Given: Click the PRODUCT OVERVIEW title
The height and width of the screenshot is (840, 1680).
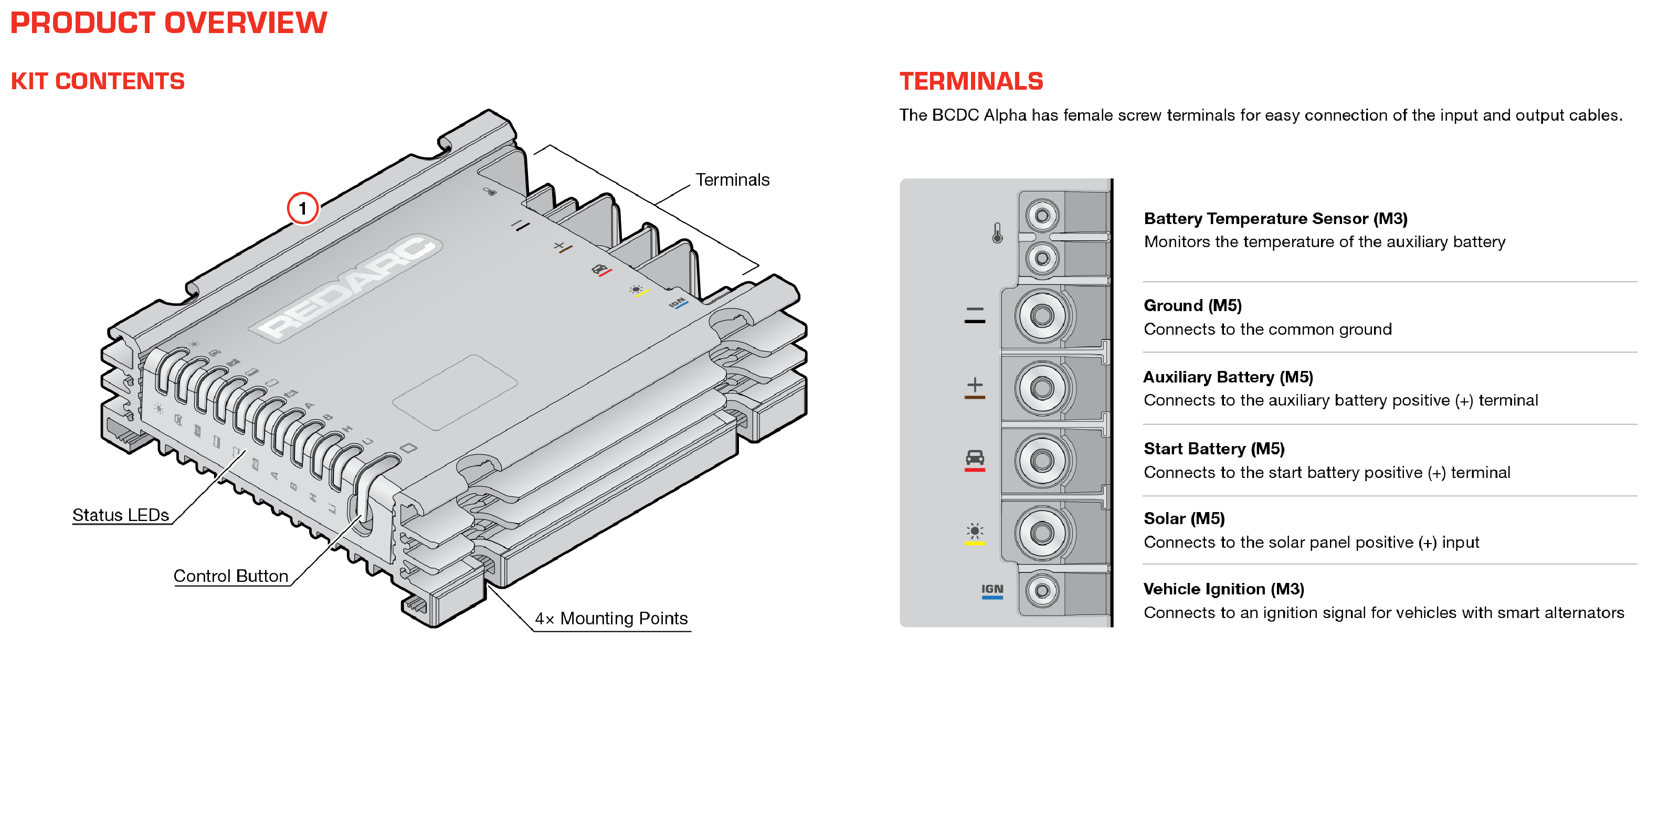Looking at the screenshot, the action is (168, 23).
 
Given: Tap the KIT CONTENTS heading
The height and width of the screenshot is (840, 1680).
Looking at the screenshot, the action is (98, 81).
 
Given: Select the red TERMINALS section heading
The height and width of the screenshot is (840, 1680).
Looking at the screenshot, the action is (971, 81).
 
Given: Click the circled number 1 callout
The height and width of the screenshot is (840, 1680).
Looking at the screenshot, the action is (303, 209).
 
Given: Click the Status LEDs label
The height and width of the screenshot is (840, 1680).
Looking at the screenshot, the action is (121, 515).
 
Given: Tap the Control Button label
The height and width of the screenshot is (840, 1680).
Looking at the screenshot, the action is (231, 576).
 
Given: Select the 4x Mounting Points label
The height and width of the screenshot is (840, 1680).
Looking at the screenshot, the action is (611, 618).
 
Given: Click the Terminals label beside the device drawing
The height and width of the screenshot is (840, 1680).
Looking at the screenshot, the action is (732, 180).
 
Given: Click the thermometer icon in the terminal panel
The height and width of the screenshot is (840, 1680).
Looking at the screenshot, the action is (997, 233).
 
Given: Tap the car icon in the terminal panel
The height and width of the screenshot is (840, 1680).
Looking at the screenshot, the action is (975, 457).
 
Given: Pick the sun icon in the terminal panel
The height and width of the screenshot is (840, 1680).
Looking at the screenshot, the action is (975, 531).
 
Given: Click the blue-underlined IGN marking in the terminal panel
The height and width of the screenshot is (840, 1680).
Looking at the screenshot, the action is (992, 591).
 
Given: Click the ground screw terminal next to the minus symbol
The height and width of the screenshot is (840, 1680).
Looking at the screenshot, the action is (1042, 316).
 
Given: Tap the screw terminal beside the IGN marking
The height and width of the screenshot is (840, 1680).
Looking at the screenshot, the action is (1042, 591).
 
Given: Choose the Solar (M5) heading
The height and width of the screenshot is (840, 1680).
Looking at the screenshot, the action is (1185, 519).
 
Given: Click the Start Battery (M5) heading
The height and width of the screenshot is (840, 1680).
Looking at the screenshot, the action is (1214, 449).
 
